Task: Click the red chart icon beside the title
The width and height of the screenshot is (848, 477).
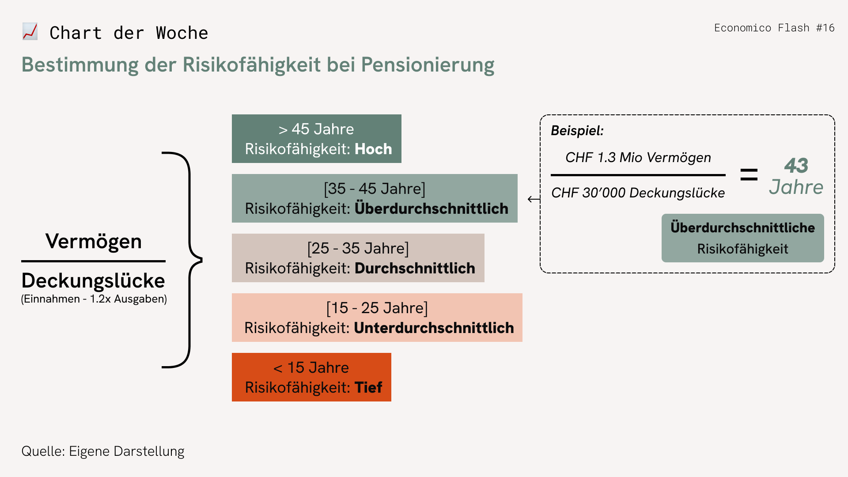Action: (x=30, y=32)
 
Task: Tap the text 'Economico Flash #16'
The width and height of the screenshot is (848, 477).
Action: (x=774, y=28)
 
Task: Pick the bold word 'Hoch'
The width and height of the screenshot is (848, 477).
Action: (x=373, y=149)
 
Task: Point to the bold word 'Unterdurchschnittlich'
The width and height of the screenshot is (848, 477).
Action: (x=434, y=328)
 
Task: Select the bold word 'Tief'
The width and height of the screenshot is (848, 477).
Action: (x=368, y=387)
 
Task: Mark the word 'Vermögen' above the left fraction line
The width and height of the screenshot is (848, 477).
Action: (x=94, y=241)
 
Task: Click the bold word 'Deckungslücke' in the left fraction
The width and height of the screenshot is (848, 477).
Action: (x=93, y=280)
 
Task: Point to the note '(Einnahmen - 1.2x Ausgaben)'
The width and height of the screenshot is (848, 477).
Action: (x=94, y=299)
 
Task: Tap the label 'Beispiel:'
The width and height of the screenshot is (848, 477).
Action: (x=577, y=131)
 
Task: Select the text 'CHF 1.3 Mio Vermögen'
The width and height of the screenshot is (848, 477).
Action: (x=638, y=158)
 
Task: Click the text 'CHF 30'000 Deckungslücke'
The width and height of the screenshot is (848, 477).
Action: (x=638, y=193)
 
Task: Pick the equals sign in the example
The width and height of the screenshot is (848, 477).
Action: (x=749, y=175)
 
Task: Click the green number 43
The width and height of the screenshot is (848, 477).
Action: (x=796, y=166)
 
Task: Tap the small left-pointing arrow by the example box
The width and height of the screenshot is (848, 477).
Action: (x=534, y=199)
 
